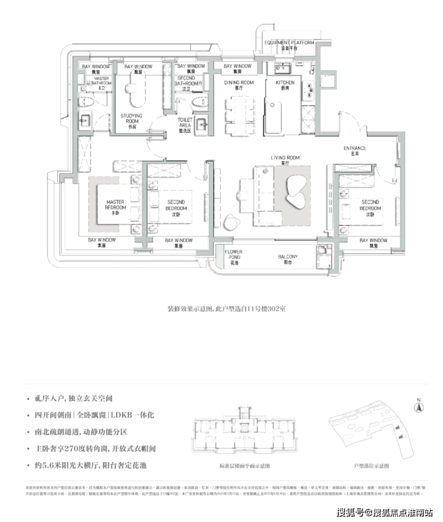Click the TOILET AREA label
coord(185,122)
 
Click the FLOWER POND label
coord(233,258)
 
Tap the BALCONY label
coord(287,258)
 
